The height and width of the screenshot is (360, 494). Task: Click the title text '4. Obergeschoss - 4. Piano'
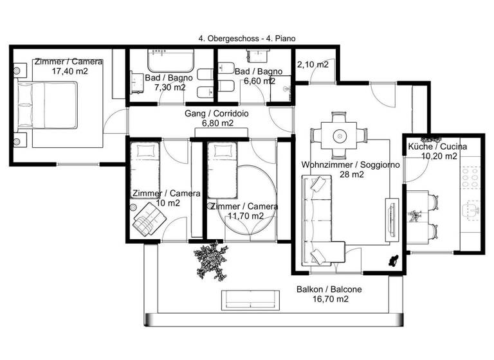[247, 39]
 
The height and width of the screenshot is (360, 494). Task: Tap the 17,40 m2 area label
[69, 72]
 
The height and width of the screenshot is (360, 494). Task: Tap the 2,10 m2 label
[313, 64]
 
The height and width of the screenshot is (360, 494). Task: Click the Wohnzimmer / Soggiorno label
[351, 165]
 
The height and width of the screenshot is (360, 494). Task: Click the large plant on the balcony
[212, 260]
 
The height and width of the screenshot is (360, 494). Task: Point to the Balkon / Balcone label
[329, 289]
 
